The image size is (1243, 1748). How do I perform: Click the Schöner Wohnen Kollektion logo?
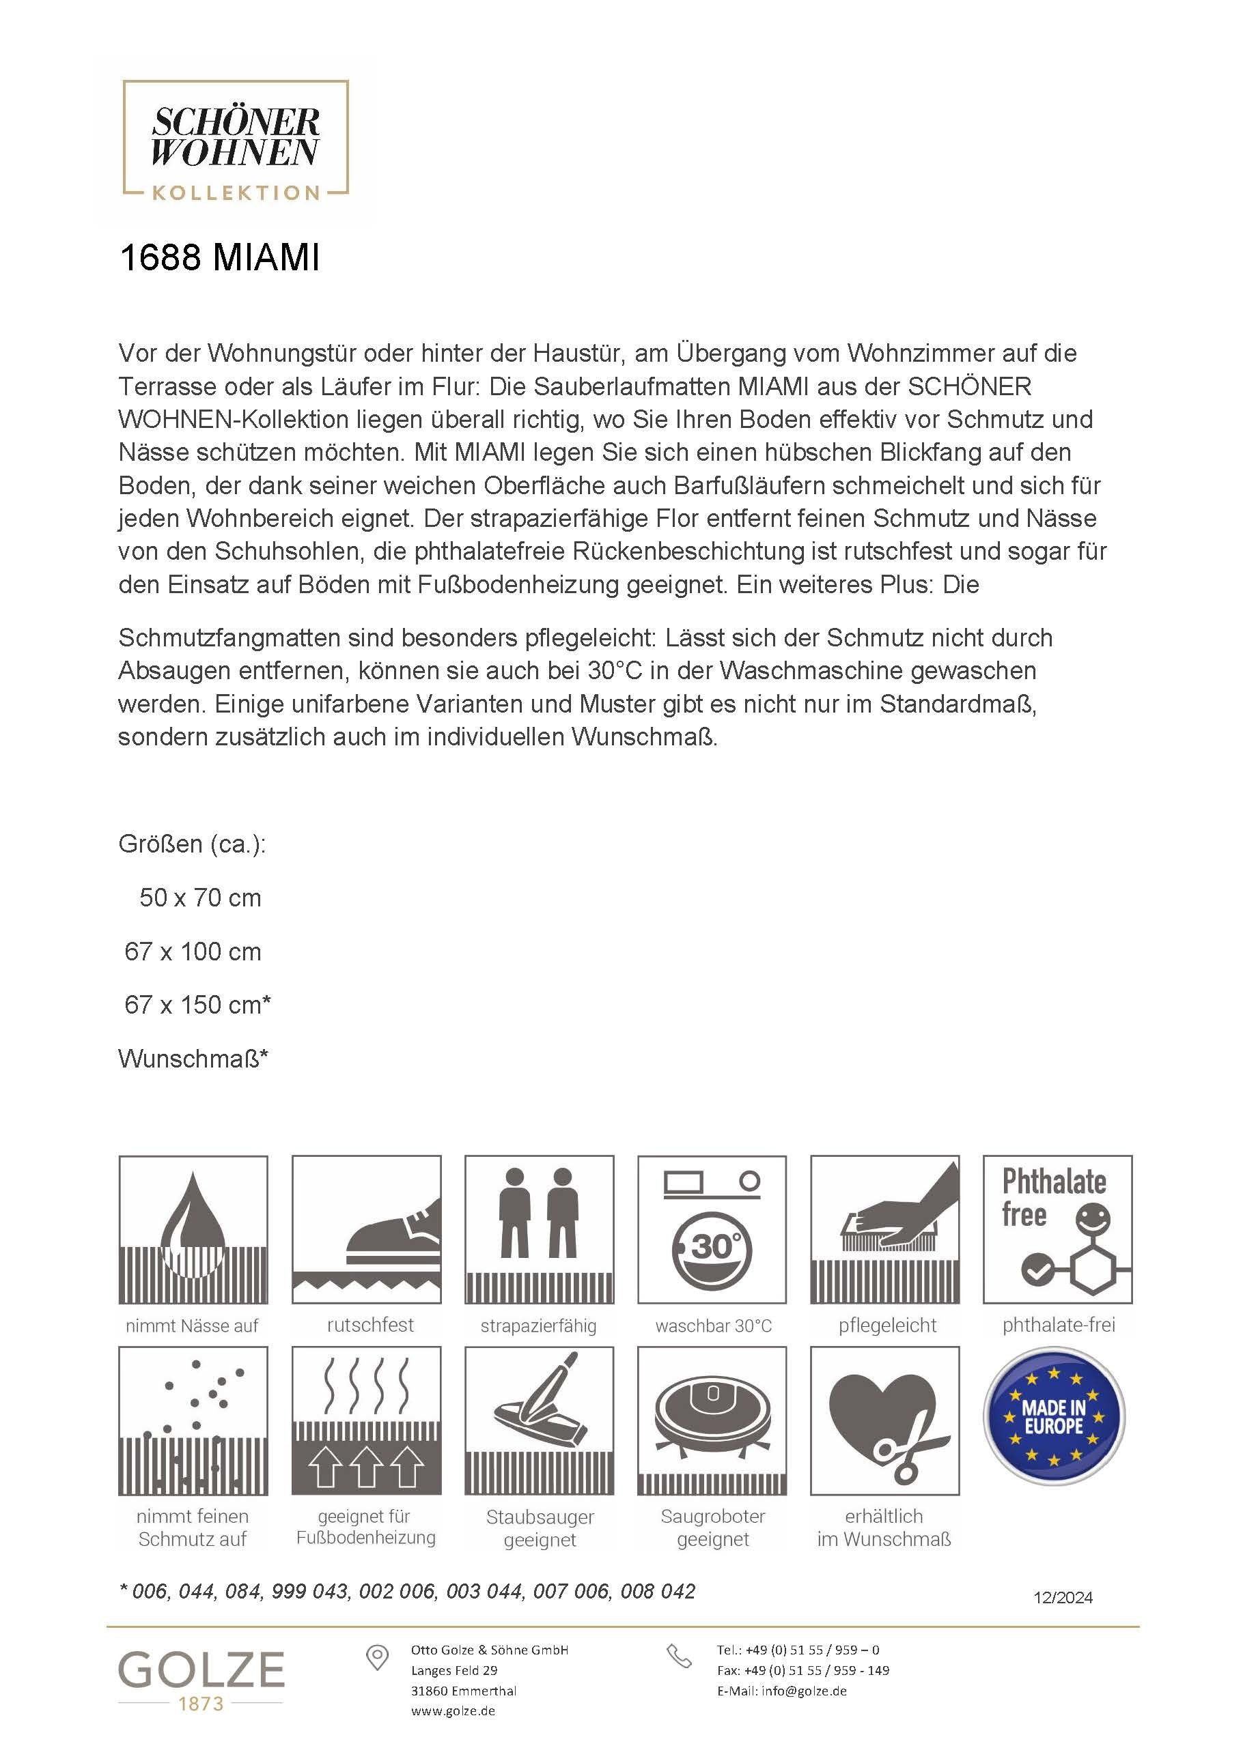point(236,141)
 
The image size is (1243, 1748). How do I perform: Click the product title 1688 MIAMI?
point(220,258)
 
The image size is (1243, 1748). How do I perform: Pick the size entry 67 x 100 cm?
point(193,951)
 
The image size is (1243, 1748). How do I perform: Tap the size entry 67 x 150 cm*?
point(197,1005)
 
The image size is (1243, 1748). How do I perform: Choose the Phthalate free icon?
point(1058,1229)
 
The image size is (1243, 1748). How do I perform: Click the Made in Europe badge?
point(1054,1417)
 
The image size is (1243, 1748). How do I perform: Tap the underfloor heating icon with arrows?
point(367,1420)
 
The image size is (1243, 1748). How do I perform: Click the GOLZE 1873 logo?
point(201,1679)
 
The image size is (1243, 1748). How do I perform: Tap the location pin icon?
point(376,1658)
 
